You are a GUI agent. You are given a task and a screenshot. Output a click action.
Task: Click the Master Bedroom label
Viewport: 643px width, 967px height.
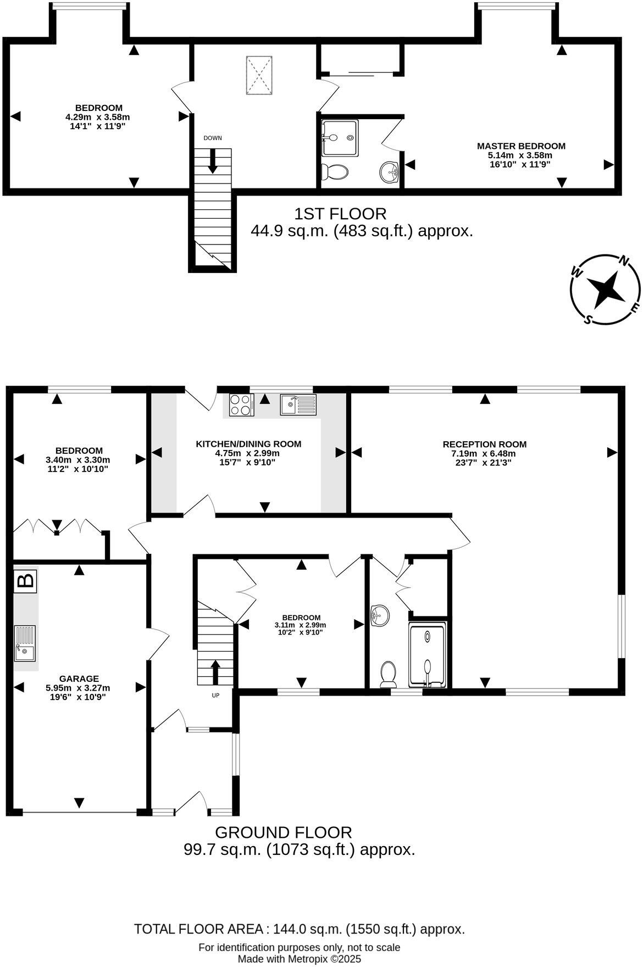click(520, 146)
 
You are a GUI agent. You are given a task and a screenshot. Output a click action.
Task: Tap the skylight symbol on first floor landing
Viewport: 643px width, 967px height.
click(258, 76)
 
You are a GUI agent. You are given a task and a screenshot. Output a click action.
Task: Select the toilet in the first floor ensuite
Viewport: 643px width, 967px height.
click(335, 171)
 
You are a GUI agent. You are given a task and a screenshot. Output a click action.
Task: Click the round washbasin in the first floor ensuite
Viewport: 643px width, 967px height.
click(390, 172)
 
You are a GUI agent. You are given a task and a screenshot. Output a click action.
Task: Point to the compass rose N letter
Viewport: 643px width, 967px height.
click(624, 261)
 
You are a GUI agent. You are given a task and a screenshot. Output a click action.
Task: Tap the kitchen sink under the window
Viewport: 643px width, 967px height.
click(297, 405)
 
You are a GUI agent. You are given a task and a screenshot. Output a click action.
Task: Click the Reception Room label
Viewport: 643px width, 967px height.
click(484, 444)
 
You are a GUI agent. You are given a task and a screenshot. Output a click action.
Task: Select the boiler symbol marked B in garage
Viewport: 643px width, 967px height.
click(25, 581)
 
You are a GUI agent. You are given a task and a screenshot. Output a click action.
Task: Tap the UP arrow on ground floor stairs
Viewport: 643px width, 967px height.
click(215, 671)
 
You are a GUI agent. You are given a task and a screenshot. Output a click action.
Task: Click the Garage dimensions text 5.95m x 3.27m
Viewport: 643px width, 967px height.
click(77, 688)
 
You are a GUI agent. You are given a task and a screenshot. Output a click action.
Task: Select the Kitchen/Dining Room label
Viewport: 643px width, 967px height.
click(248, 444)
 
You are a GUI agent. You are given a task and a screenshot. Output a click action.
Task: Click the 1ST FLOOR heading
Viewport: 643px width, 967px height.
click(340, 213)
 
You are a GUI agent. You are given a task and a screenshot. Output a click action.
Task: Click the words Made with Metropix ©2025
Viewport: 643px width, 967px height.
click(299, 959)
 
